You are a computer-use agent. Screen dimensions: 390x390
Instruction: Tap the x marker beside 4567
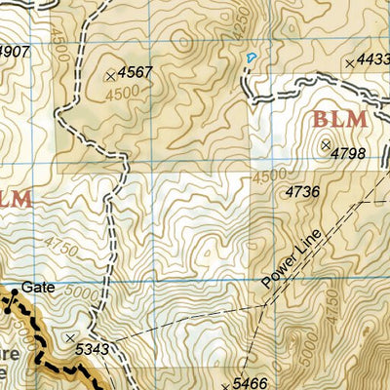point(109,74)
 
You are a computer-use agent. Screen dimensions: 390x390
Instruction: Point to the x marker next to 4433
point(349,63)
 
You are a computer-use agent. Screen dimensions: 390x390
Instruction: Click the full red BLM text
point(339,120)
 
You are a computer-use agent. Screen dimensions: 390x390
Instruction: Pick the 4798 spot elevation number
point(348,153)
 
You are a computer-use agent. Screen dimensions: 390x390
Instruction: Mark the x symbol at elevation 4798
point(325,144)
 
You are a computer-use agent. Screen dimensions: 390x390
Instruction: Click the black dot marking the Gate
point(16,291)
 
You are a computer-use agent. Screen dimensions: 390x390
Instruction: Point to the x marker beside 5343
point(70,337)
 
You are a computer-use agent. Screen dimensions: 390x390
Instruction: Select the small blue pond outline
point(251,58)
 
